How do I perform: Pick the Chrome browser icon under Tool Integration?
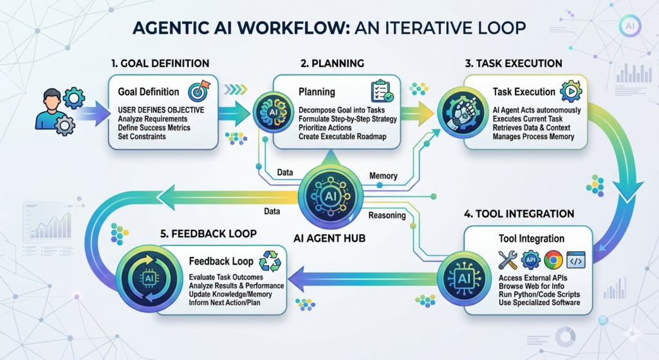click(552, 260)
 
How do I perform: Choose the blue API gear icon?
click(530, 260)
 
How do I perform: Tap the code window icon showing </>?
click(575, 260)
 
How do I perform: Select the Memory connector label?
click(383, 176)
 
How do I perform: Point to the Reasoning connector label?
click(387, 216)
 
